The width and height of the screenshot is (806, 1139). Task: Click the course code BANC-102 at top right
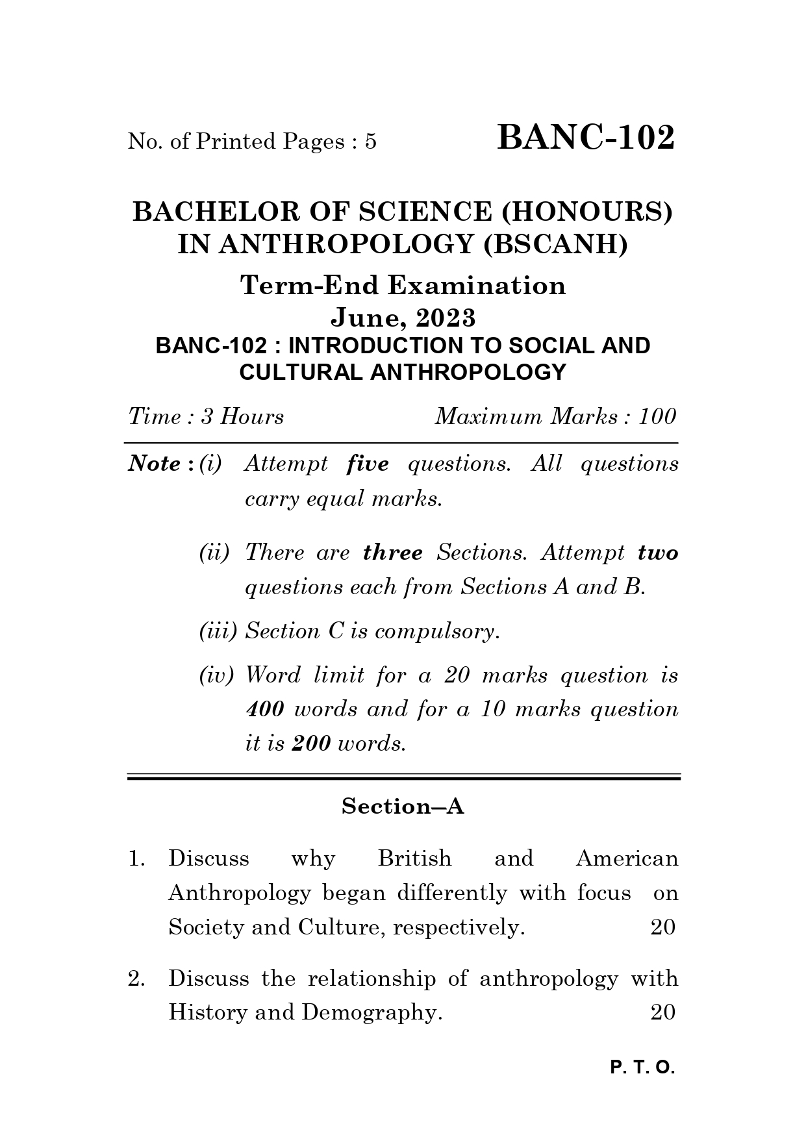[586, 138]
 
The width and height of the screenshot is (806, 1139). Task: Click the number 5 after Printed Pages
[370, 142]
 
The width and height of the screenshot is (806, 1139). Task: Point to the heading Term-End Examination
[403, 285]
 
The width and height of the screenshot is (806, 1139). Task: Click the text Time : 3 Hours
[206, 416]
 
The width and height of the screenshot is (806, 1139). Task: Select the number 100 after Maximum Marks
[657, 416]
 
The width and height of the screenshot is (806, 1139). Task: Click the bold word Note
[155, 464]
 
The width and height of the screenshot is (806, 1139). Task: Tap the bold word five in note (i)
[368, 464]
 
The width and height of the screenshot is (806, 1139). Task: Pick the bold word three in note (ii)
[393, 553]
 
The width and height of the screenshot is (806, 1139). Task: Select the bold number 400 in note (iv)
[264, 709]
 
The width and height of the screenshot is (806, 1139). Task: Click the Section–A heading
[403, 807]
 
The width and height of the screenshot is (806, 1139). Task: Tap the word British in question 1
[414, 858]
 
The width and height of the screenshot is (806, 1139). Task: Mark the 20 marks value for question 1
[663, 927]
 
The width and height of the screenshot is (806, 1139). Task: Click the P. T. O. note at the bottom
[643, 1068]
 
